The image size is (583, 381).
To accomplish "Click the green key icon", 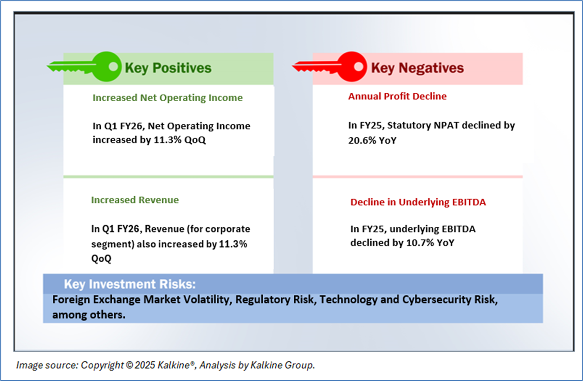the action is [84, 67].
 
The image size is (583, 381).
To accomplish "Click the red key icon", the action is [330, 67].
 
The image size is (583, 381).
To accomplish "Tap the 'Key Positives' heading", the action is [168, 68].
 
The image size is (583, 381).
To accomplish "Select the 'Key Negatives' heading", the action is [417, 68].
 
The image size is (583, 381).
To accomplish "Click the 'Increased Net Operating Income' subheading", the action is [168, 98].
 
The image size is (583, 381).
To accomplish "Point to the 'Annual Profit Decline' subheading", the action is [397, 96].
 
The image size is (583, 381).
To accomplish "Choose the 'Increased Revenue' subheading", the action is [135, 200].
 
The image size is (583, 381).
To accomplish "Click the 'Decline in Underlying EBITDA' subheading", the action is [418, 202].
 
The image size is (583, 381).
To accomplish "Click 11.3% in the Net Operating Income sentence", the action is [168, 140].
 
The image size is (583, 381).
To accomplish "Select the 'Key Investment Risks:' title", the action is [130, 284].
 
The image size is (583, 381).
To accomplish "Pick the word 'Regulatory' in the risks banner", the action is [263, 300].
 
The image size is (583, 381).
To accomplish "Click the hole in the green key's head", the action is [113, 66].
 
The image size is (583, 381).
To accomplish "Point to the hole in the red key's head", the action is [359, 67].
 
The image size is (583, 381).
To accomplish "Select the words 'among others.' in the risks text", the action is [89, 315].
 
